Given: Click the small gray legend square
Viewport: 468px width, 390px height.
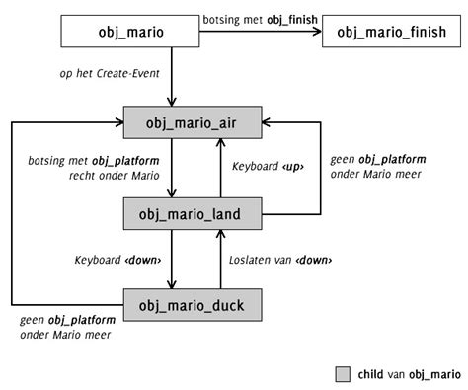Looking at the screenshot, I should pos(343,373).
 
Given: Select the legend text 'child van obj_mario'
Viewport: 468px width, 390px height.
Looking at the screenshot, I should pos(408,373).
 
